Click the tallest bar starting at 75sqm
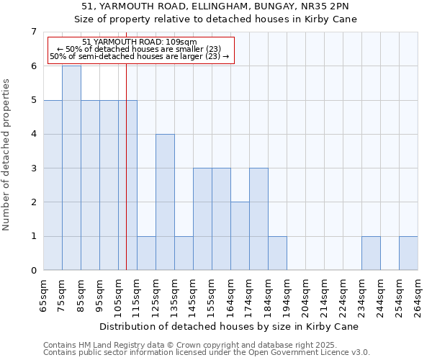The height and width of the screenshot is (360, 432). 71,168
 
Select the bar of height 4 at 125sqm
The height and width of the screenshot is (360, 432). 165,202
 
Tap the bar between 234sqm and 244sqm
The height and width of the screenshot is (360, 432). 371,253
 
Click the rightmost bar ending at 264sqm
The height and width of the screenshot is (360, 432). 408,253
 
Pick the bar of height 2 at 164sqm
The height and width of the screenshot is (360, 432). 240,236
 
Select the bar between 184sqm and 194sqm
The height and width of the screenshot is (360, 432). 277,253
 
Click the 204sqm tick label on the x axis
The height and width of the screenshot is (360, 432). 306,296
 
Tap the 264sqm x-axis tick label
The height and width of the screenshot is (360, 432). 418,296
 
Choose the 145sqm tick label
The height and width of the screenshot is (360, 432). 194,296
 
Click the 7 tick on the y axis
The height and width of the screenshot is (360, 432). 33,32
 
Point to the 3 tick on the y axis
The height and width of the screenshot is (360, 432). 33,168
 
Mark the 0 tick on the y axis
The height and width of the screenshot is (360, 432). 33,271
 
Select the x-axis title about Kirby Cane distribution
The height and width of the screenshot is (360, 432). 229,326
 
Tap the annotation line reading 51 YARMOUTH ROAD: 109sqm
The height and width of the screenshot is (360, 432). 140,42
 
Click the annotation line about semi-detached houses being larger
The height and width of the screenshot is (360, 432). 140,56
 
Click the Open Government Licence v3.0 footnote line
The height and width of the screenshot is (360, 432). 207,353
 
